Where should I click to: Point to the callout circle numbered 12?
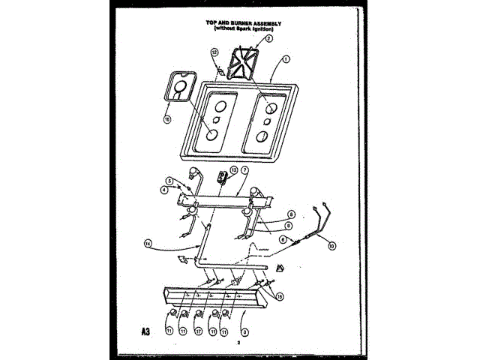click(x=214, y=52)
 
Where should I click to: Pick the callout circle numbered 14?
click(x=148, y=242)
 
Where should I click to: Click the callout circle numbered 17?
click(x=199, y=330)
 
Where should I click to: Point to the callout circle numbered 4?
click(x=163, y=190)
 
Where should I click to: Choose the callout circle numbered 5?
click(x=169, y=181)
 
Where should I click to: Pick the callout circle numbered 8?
click(x=290, y=214)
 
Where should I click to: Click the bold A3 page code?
click(x=144, y=331)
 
